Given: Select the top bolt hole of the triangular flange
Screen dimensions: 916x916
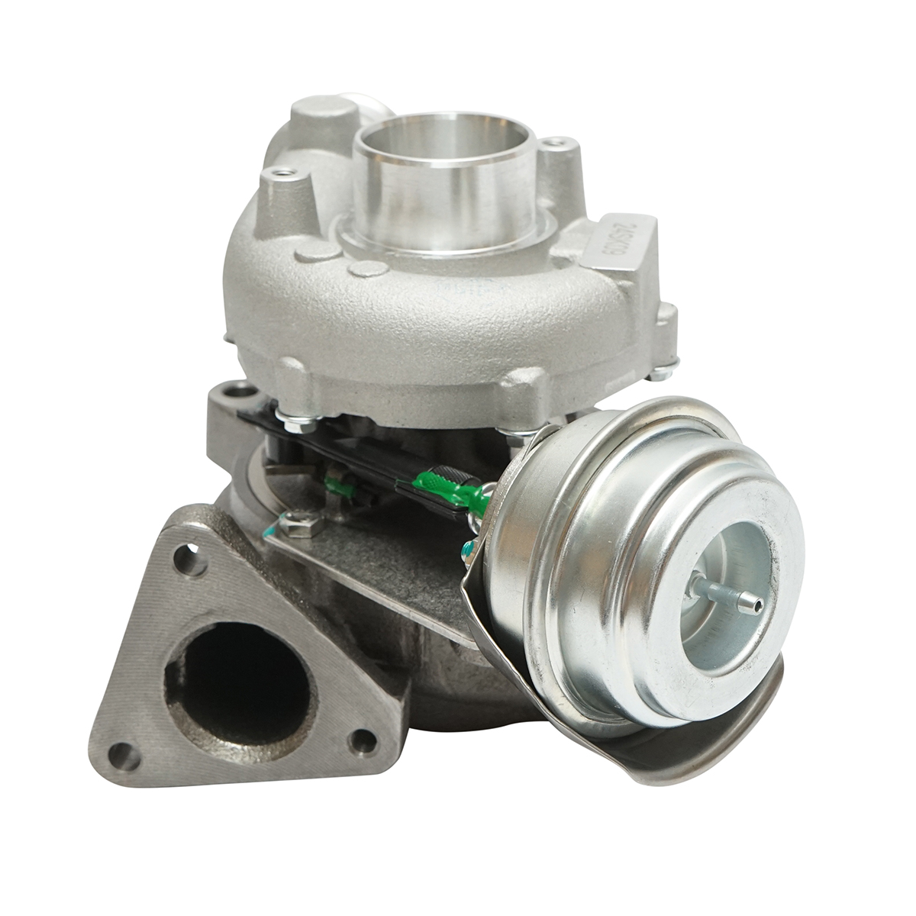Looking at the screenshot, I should point(188,561).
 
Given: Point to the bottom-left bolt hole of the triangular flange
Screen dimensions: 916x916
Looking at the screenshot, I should point(122,755).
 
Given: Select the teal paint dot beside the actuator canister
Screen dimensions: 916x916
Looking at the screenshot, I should point(466,546).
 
